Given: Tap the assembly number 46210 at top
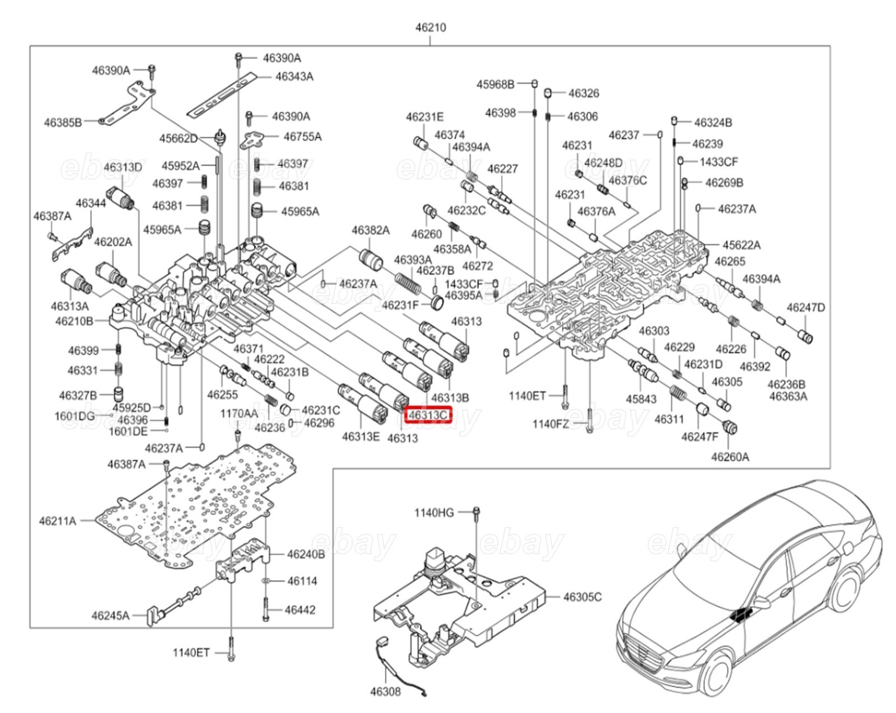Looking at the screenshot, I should point(430,27).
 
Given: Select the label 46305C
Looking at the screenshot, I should point(582,597).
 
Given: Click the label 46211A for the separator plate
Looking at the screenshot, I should point(57,521).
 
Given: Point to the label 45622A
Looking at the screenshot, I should point(741,245).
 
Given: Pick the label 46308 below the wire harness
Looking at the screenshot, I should point(385,691).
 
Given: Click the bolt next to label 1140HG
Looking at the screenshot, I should point(476,513).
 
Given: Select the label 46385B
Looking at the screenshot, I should point(63,122).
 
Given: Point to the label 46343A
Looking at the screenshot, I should point(294,76).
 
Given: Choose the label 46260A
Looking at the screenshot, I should point(730,457).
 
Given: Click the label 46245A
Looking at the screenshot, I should point(110,616).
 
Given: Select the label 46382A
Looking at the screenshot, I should point(370,230).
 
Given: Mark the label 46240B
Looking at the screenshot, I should point(305,555).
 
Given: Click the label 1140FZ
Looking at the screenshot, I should point(550,424).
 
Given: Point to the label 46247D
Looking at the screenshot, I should point(805,307).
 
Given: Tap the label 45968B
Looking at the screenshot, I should point(495,84).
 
